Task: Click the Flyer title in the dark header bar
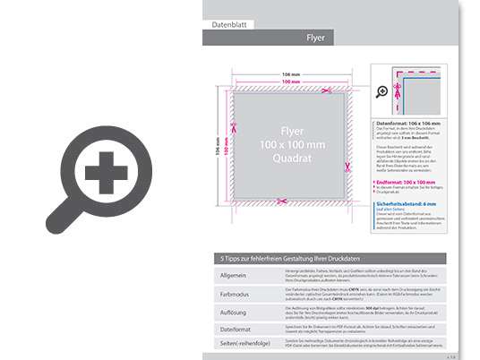click(x=315, y=39)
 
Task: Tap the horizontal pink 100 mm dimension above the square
click(x=285, y=81)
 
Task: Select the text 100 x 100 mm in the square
click(x=287, y=143)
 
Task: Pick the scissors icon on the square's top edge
click(x=330, y=89)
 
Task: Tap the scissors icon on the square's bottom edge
click(x=282, y=200)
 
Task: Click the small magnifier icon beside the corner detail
click(x=381, y=91)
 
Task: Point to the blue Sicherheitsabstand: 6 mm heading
click(x=410, y=204)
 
